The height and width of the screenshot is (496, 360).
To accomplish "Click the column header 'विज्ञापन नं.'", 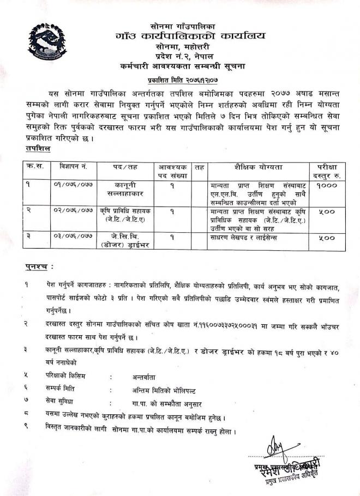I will (x=70, y=167).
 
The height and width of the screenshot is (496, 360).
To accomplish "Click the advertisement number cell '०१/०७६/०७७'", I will (x=70, y=185).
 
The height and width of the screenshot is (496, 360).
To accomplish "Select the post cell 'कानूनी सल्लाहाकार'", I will (x=125, y=190).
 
